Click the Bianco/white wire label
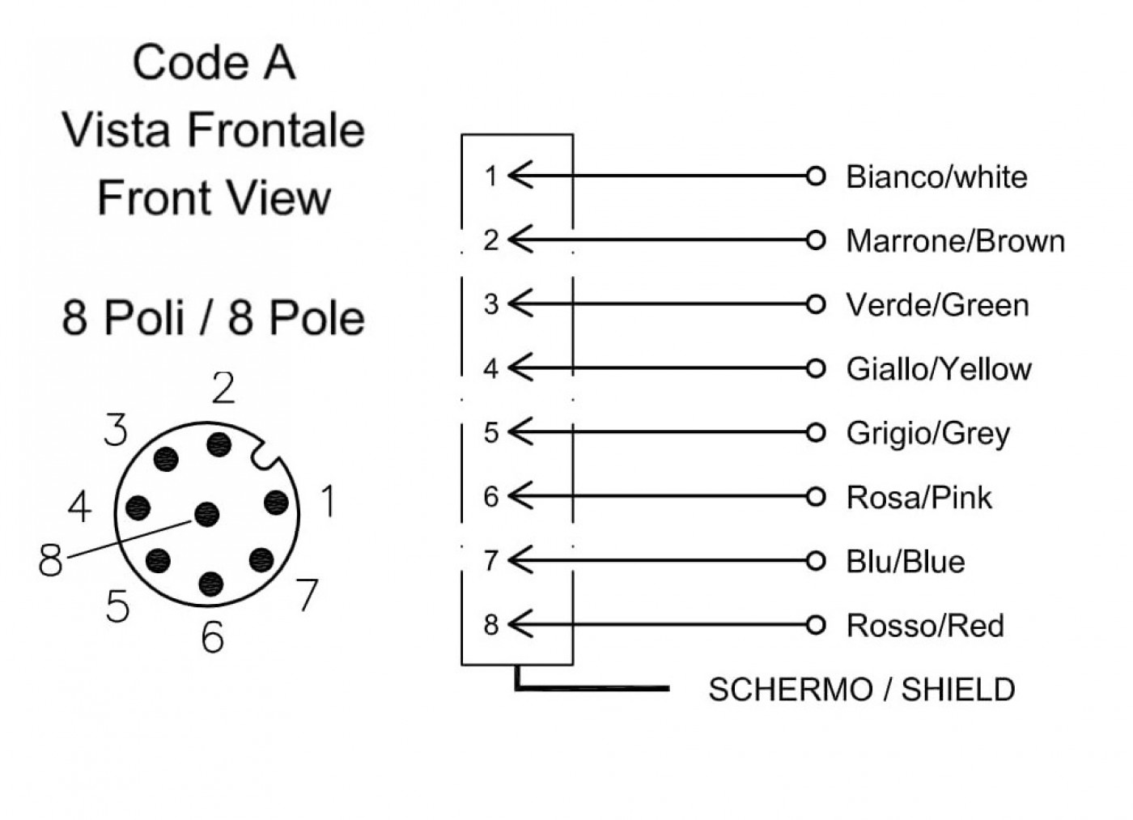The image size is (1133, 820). pos(936,177)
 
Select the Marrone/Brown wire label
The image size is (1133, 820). pos(956,240)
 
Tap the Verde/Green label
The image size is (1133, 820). pos(938,305)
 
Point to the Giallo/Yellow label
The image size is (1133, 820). pos(939,369)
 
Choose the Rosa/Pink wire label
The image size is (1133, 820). pos(919,497)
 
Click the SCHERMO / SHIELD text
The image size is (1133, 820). pos(862,689)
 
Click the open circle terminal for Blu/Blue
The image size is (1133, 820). pos(816,561)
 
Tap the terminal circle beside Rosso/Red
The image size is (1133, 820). pos(816,625)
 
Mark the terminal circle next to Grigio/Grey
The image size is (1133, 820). pos(816,433)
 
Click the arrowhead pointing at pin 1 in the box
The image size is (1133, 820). pos(520,176)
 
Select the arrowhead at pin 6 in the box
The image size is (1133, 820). pos(520,495)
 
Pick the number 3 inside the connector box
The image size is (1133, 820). pos(490,304)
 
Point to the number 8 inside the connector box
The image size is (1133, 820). pos(490,625)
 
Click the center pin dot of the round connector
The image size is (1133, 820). pos(207,515)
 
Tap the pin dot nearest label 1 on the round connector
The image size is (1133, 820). pos(277,503)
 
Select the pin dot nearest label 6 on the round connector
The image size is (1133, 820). pos(211,584)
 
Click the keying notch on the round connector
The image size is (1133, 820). pos(266,454)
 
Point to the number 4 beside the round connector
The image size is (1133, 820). pos(80,508)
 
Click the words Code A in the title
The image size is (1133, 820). pos(214,62)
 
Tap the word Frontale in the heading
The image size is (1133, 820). pos(276,130)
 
